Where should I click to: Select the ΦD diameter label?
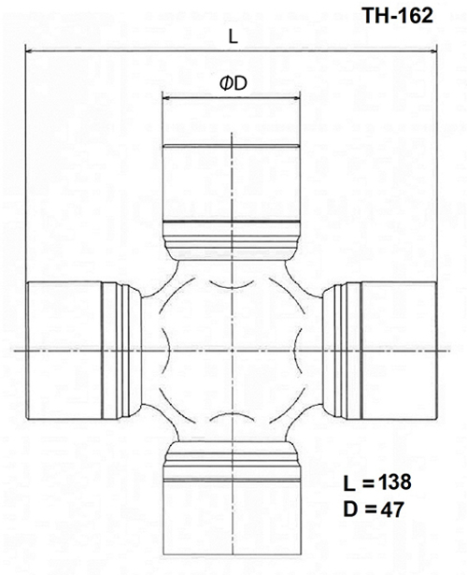pos(232,84)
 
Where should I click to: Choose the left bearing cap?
pos(64,349)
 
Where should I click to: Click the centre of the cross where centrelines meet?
pos(232,349)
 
